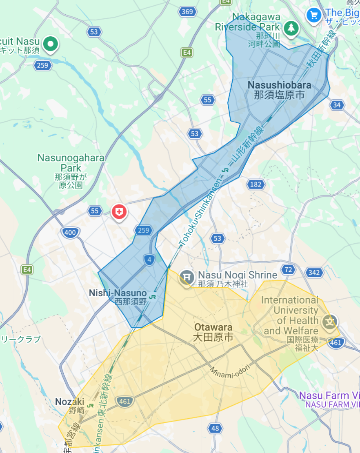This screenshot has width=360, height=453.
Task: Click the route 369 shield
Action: [x=187, y=11]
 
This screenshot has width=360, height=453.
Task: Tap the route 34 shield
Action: [x=337, y=105]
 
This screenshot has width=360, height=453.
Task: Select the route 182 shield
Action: [x=255, y=184]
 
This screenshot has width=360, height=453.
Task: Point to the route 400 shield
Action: [x=70, y=233]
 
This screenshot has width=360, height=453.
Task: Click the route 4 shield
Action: [x=149, y=260]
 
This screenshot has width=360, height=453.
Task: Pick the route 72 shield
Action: [x=289, y=269]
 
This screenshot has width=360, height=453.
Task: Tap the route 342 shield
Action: [x=314, y=273]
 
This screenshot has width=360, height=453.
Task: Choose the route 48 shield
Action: [x=215, y=428]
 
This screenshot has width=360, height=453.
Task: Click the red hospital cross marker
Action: [x=119, y=211]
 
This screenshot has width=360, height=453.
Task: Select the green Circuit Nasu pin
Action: [x=51, y=43]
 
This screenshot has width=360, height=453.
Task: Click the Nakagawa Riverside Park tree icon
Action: [x=291, y=28]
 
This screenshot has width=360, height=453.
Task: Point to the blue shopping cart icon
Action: [x=314, y=16]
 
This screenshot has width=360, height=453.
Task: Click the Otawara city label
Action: [x=213, y=332]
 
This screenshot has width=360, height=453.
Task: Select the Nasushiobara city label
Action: [x=279, y=90]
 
